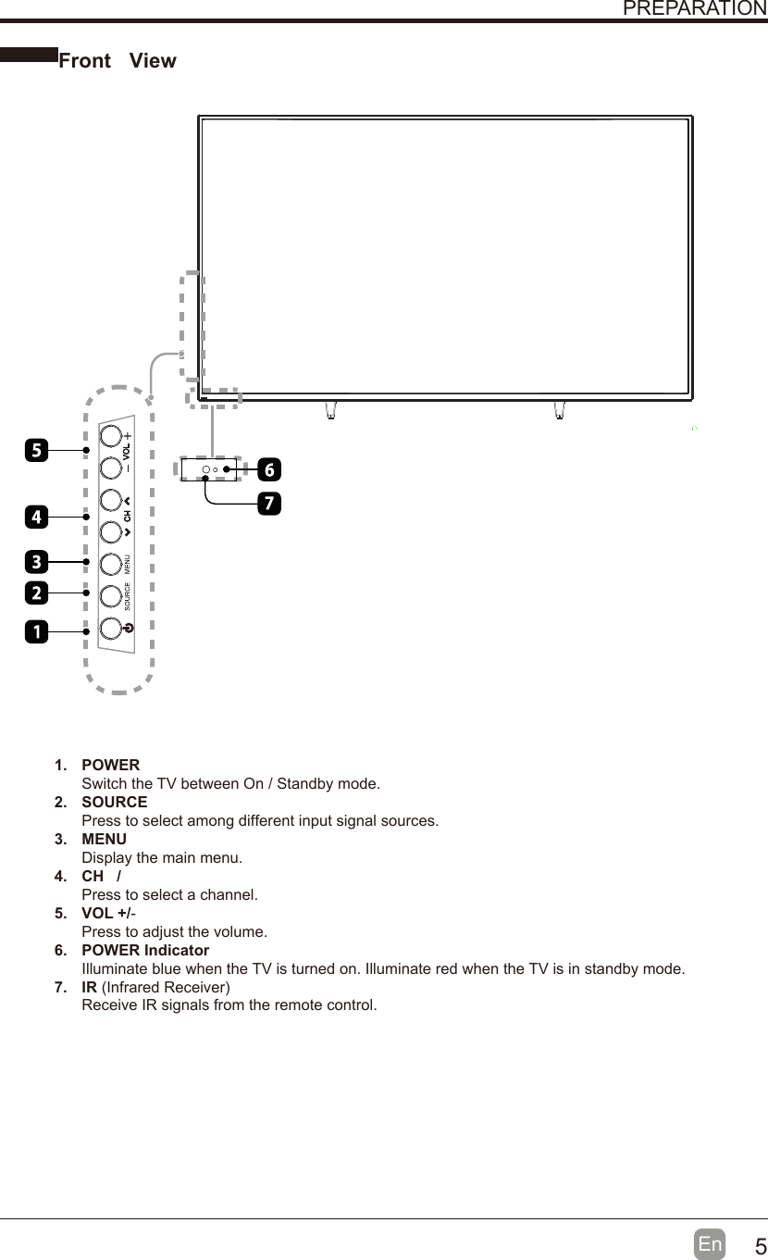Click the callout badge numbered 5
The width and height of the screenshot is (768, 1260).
pyautogui.click(x=36, y=451)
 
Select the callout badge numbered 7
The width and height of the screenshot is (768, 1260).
pyautogui.click(x=268, y=505)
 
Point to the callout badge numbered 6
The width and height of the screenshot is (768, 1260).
pyautogui.click(x=268, y=469)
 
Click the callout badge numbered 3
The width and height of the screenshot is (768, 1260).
pyautogui.click(x=36, y=561)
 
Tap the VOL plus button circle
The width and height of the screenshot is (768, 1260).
pyautogui.click(x=110, y=435)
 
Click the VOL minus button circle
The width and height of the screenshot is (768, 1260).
pyautogui.click(x=110, y=467)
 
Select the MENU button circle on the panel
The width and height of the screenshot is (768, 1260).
pyautogui.click(x=110, y=563)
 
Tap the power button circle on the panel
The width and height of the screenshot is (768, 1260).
pyautogui.click(x=110, y=627)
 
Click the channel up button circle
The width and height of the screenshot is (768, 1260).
pyautogui.click(x=110, y=500)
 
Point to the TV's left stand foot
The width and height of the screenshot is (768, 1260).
pyautogui.click(x=330, y=409)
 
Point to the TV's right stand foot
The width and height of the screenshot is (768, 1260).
pyautogui.click(x=560, y=409)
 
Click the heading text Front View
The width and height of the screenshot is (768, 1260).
pyautogui.click(x=118, y=61)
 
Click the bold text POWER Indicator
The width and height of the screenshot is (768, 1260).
pyautogui.click(x=145, y=951)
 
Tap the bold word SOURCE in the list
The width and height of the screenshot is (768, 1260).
pyautogui.click(x=114, y=802)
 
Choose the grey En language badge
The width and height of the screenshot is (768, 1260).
pyautogui.click(x=710, y=1244)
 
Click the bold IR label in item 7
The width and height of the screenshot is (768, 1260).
pyautogui.click(x=90, y=987)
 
